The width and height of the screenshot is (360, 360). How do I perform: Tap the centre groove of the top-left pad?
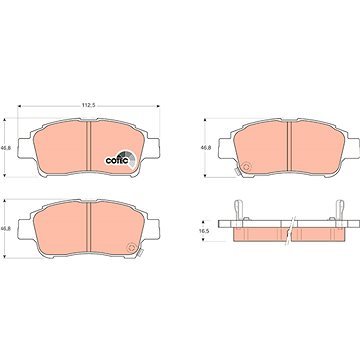[x=88, y=147]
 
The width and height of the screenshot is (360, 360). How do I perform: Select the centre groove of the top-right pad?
[x=289, y=147]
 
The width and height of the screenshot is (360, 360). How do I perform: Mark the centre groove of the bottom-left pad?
[x=88, y=228]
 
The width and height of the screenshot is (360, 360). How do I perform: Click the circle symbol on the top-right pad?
[x=247, y=167]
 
